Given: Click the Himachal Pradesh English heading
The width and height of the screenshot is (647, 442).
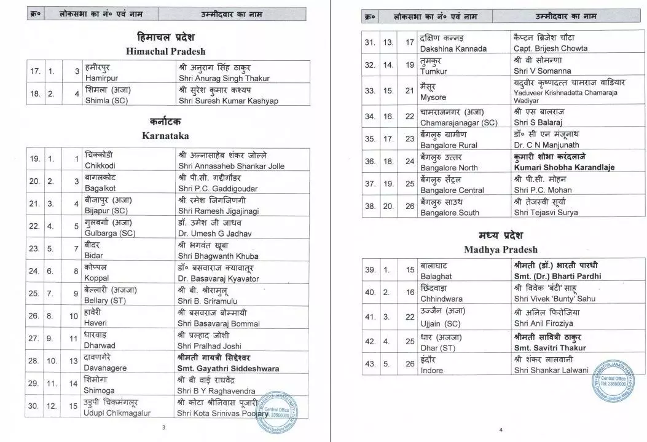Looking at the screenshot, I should (x=166, y=51).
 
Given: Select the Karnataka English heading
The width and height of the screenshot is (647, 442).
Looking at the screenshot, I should (x=166, y=135).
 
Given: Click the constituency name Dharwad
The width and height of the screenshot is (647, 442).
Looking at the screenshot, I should (x=100, y=345).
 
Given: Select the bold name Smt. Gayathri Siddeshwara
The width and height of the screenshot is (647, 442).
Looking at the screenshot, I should (x=228, y=368).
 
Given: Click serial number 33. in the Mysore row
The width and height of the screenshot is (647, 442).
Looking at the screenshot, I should (x=369, y=90).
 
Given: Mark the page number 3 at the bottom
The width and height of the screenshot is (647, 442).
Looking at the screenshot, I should (x=163, y=428).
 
